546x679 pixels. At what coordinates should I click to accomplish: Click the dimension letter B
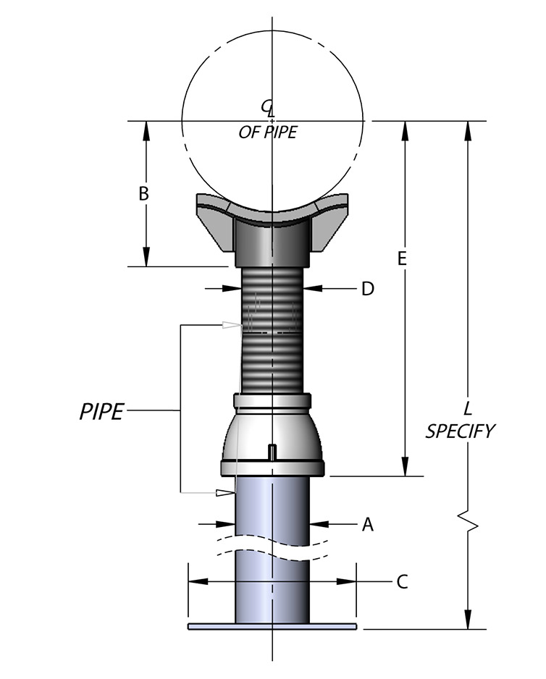(143, 194)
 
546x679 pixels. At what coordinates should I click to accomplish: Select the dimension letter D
(367, 289)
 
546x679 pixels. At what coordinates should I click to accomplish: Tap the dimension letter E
(404, 258)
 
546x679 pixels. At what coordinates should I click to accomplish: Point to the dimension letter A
(367, 525)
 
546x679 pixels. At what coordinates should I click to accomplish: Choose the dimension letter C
(403, 581)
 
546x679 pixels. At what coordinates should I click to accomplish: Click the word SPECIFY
(460, 431)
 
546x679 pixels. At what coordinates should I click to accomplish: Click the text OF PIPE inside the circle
(268, 133)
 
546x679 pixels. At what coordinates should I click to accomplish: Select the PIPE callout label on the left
(101, 412)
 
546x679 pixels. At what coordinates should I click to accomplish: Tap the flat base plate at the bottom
(272, 626)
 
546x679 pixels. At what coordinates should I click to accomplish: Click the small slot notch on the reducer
(272, 452)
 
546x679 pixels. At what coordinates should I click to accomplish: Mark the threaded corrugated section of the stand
(272, 333)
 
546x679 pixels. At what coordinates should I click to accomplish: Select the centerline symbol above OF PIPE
(269, 107)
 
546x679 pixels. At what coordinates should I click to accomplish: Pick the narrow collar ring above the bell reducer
(272, 400)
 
